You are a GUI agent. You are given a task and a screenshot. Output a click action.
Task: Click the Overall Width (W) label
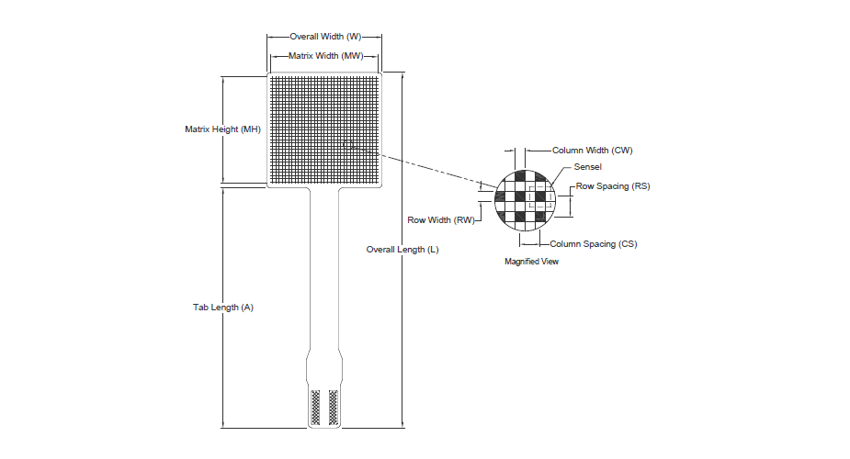click(325, 37)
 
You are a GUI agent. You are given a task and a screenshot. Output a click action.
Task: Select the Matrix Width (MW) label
click(326, 56)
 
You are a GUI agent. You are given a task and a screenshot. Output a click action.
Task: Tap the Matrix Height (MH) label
click(222, 129)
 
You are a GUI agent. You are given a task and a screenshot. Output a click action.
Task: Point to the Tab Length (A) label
click(223, 308)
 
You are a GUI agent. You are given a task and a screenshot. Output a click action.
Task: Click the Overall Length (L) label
click(402, 250)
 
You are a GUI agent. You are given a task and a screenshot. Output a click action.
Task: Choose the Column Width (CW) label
click(593, 151)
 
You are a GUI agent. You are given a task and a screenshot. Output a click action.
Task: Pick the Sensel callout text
click(587, 167)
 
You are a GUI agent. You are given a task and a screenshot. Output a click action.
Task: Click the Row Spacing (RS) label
click(613, 186)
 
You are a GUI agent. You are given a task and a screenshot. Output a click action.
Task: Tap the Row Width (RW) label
click(441, 220)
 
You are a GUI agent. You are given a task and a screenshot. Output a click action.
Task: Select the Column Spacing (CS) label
click(594, 244)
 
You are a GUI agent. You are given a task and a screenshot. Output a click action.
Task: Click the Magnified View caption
click(531, 262)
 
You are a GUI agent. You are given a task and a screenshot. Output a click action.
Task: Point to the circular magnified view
click(526, 200)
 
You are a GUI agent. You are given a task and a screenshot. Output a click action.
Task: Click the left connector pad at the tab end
click(315, 407)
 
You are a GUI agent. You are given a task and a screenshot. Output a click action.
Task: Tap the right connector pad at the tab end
click(334, 407)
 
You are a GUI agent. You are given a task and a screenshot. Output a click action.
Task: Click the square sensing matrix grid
click(324, 129)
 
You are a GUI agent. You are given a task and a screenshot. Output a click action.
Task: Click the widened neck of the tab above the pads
click(324, 369)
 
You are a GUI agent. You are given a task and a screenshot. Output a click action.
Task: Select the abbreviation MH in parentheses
click(251, 129)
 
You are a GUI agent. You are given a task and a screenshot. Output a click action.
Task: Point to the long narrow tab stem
click(324, 269)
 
